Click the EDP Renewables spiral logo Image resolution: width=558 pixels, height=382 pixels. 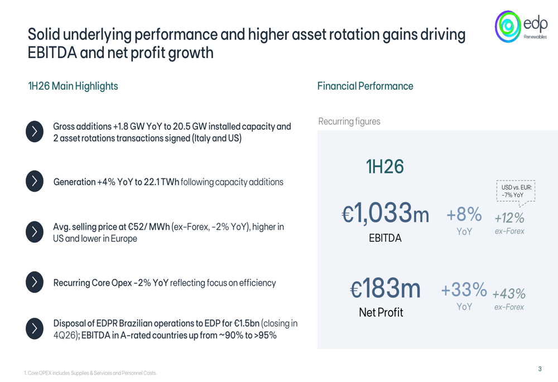508,26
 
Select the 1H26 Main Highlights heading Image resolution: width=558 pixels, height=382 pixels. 73,86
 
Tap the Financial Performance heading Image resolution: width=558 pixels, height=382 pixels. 365,86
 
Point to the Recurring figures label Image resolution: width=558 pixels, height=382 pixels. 349,122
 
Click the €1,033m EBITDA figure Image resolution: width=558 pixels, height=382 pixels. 386,213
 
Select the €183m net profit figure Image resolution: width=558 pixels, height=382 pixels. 386,288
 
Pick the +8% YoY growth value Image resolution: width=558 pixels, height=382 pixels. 464,214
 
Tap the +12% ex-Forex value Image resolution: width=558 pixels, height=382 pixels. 509,217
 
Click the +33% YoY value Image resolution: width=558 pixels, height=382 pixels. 464,289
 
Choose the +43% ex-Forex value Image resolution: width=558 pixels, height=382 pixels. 509,294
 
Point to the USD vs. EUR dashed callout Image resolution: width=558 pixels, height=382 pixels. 516,192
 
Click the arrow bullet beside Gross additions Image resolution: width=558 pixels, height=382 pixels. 35,132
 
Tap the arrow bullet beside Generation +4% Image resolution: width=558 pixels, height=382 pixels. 35,181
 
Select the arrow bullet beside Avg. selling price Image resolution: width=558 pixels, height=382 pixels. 35,232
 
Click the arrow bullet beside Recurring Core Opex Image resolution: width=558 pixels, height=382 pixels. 35,282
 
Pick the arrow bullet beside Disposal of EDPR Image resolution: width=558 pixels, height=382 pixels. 35,328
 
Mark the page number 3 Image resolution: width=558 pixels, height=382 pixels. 540,369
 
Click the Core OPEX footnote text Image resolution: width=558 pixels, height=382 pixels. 90,373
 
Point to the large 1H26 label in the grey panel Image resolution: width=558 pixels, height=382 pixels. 385,166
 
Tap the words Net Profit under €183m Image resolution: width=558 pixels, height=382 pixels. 381,312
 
